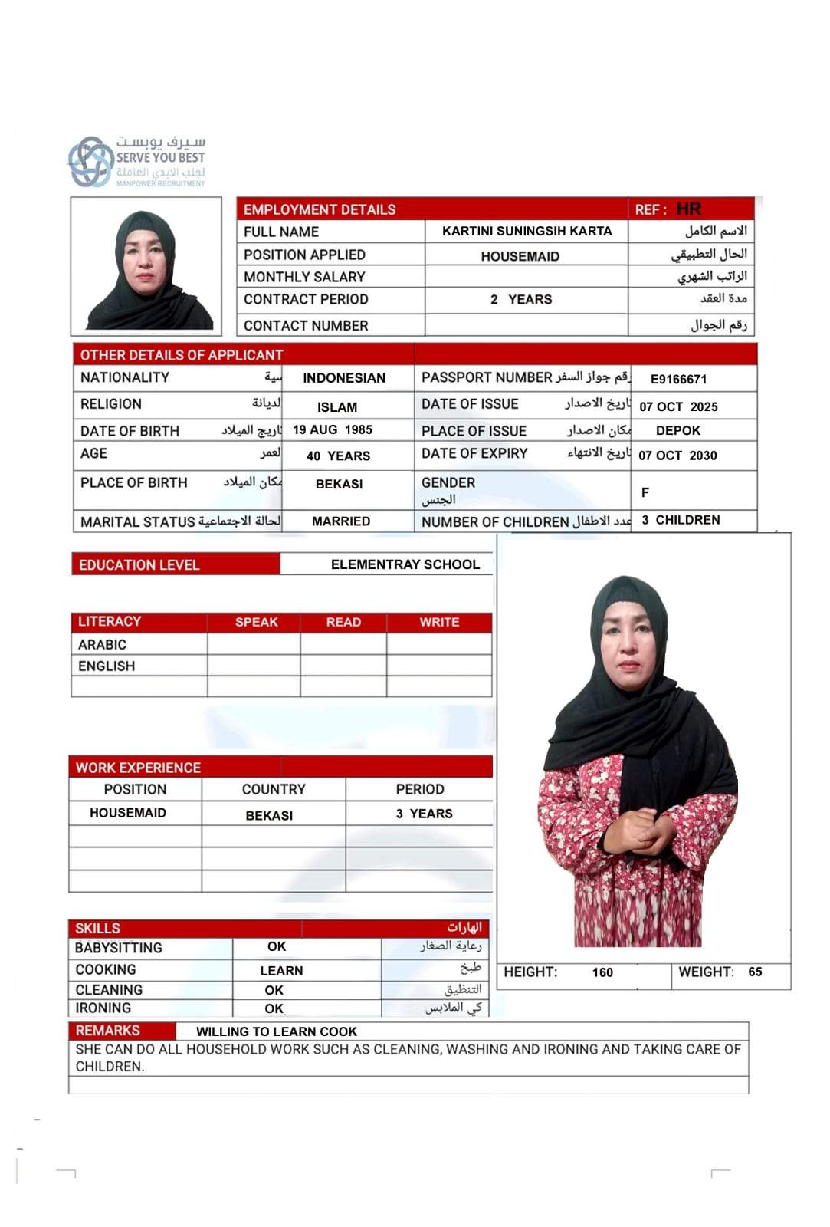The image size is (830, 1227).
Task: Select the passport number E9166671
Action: [678, 379]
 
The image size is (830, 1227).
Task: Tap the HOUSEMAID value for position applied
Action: [520, 256]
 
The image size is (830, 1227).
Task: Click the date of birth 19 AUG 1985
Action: [333, 430]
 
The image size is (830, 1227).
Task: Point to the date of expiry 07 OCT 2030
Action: [677, 456]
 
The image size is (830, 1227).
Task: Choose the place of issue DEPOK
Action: [678, 430]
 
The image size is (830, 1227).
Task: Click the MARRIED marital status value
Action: [341, 521]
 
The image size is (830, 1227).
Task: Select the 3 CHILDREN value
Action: [681, 520]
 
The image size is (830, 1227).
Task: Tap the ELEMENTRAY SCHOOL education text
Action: [405, 564]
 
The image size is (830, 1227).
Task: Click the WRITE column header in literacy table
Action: [439, 622]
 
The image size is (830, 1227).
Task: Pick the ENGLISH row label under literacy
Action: [107, 666]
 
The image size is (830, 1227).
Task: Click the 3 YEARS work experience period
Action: [424, 814]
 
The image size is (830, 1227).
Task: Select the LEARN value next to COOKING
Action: [281, 971]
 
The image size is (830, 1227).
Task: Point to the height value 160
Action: [602, 972]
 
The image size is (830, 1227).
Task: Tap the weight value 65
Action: [755, 972]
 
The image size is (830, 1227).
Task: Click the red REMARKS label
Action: [108, 1031]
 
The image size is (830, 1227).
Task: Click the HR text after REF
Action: [688, 209]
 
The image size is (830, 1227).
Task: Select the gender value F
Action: [645, 492]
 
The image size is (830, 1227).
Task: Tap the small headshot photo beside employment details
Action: [146, 266]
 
